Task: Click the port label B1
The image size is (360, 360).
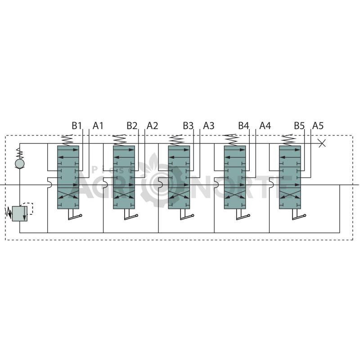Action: pos(76,126)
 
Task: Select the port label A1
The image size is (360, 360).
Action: pos(98,126)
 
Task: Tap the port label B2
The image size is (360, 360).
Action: pos(132,126)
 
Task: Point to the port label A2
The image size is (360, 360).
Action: pos(153,126)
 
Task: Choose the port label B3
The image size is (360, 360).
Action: pos(188,126)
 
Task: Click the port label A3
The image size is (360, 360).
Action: pos(209,126)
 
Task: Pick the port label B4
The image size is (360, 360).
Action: pos(243,126)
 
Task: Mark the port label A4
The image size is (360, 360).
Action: pos(265,126)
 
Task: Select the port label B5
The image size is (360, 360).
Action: pos(299,126)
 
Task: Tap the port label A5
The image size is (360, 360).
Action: pos(318,126)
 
